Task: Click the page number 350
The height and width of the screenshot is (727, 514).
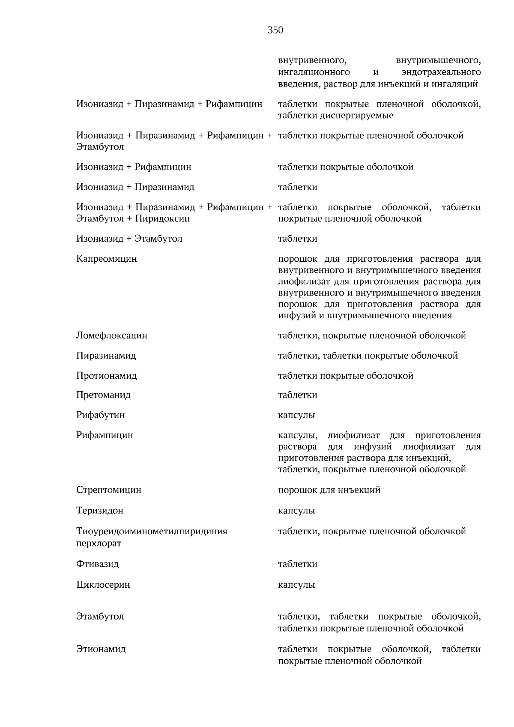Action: pos(275,30)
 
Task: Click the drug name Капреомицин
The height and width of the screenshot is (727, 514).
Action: pos(107,259)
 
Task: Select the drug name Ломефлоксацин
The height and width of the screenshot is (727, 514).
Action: pos(112,335)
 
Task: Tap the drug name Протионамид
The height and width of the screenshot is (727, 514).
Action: pos(107,376)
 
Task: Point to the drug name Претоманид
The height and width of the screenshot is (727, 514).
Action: pos(103,395)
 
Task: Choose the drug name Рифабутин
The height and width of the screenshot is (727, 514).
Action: pos(101,415)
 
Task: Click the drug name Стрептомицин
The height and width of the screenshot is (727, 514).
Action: pos(109,490)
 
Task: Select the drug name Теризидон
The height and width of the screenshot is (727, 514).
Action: pos(100,511)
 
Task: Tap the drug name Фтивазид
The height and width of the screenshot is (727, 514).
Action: pos(98,564)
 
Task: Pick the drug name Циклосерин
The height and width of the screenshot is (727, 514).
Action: pos(103,585)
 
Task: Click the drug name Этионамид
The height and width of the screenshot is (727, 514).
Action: pos(101,649)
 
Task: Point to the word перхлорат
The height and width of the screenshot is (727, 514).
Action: pos(99,543)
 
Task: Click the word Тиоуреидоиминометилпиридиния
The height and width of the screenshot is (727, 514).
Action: pos(152,531)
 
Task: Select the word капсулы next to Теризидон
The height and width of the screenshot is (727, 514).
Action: pos(296,511)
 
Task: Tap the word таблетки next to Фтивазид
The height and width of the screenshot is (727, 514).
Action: pos(298,564)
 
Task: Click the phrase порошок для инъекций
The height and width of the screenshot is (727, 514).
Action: pos(329,490)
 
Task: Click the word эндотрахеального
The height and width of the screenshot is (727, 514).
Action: pos(441,72)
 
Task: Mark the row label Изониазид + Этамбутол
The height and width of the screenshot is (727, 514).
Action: pos(129,239)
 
